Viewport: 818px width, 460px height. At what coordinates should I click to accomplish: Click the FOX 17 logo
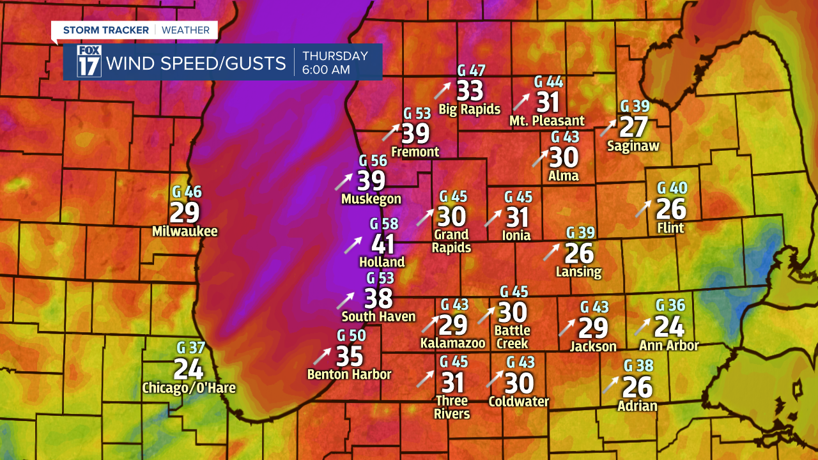(x=89, y=62)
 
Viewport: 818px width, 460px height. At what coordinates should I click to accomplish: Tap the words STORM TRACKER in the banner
(x=105, y=30)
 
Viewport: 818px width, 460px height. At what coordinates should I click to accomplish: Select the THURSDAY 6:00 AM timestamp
(x=335, y=63)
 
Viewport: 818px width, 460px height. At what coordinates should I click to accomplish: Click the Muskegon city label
(x=371, y=199)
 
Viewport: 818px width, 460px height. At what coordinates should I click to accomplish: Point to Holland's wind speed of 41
(x=383, y=244)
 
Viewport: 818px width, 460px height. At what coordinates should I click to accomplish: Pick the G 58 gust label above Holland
(x=384, y=224)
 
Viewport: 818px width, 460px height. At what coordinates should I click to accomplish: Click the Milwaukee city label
(x=185, y=231)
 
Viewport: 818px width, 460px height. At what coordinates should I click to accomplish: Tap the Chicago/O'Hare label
(x=189, y=388)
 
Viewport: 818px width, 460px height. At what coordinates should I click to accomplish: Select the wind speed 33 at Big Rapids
(x=470, y=91)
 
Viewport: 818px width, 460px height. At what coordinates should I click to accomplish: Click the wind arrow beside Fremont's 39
(x=390, y=132)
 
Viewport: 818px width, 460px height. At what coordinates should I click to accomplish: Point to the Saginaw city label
(x=633, y=146)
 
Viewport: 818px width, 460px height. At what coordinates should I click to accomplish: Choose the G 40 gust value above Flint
(x=672, y=188)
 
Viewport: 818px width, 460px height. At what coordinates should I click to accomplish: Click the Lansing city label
(x=578, y=272)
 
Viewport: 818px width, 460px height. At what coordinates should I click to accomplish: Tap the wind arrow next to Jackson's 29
(x=567, y=328)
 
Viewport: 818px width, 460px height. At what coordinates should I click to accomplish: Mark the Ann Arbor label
(x=669, y=346)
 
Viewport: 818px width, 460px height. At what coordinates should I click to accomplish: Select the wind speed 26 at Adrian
(x=637, y=387)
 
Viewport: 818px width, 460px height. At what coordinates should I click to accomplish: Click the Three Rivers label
(x=452, y=407)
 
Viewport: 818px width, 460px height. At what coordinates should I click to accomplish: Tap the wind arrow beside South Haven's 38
(x=346, y=300)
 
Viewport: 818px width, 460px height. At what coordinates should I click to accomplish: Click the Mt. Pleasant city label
(x=547, y=121)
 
